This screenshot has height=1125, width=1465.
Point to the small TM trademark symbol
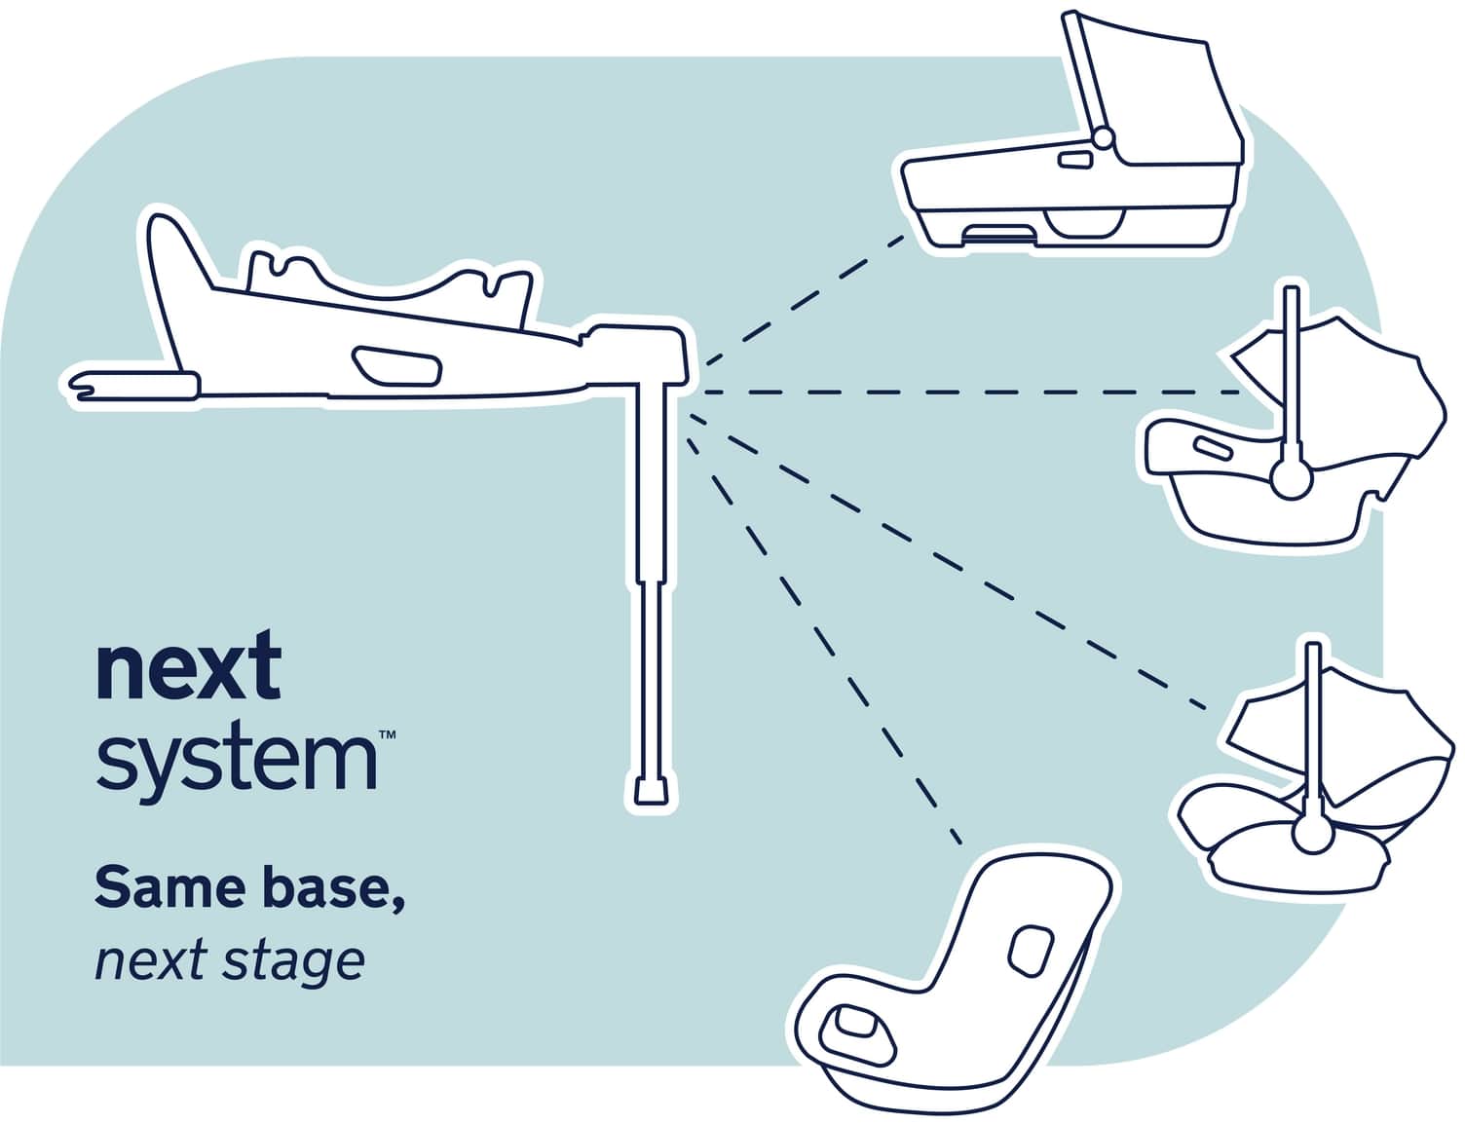[x=386, y=734]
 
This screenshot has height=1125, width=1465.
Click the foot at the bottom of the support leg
[x=650, y=790]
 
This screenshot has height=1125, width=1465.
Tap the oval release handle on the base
[x=397, y=364]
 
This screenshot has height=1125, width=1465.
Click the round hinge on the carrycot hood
[x=1103, y=139]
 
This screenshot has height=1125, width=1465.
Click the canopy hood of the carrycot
[x=1169, y=97]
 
